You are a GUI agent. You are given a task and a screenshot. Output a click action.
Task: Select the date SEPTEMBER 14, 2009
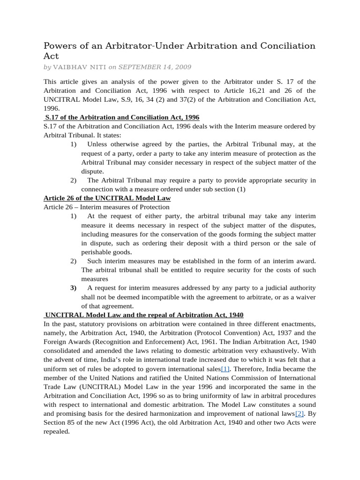tap(150, 67)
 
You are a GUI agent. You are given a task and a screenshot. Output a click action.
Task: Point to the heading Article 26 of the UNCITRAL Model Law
tap(107, 198)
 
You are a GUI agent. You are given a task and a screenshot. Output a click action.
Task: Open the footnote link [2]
tap(300, 413)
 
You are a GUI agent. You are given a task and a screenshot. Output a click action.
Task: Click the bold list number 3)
tap(74, 288)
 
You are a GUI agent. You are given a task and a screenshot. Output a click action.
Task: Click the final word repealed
tap(57, 432)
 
